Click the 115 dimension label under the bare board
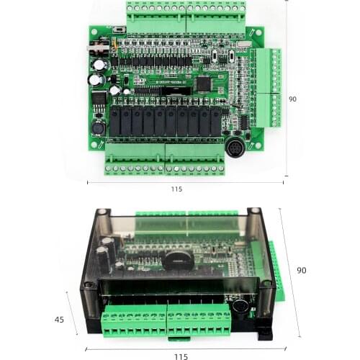pos(176,189)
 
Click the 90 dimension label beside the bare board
pos(293,99)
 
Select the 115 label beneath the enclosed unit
pos(180,356)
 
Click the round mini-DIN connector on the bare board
pos(235,150)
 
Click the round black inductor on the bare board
pos(97,128)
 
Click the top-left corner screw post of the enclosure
pos(103,214)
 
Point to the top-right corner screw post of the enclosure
pos(255,213)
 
